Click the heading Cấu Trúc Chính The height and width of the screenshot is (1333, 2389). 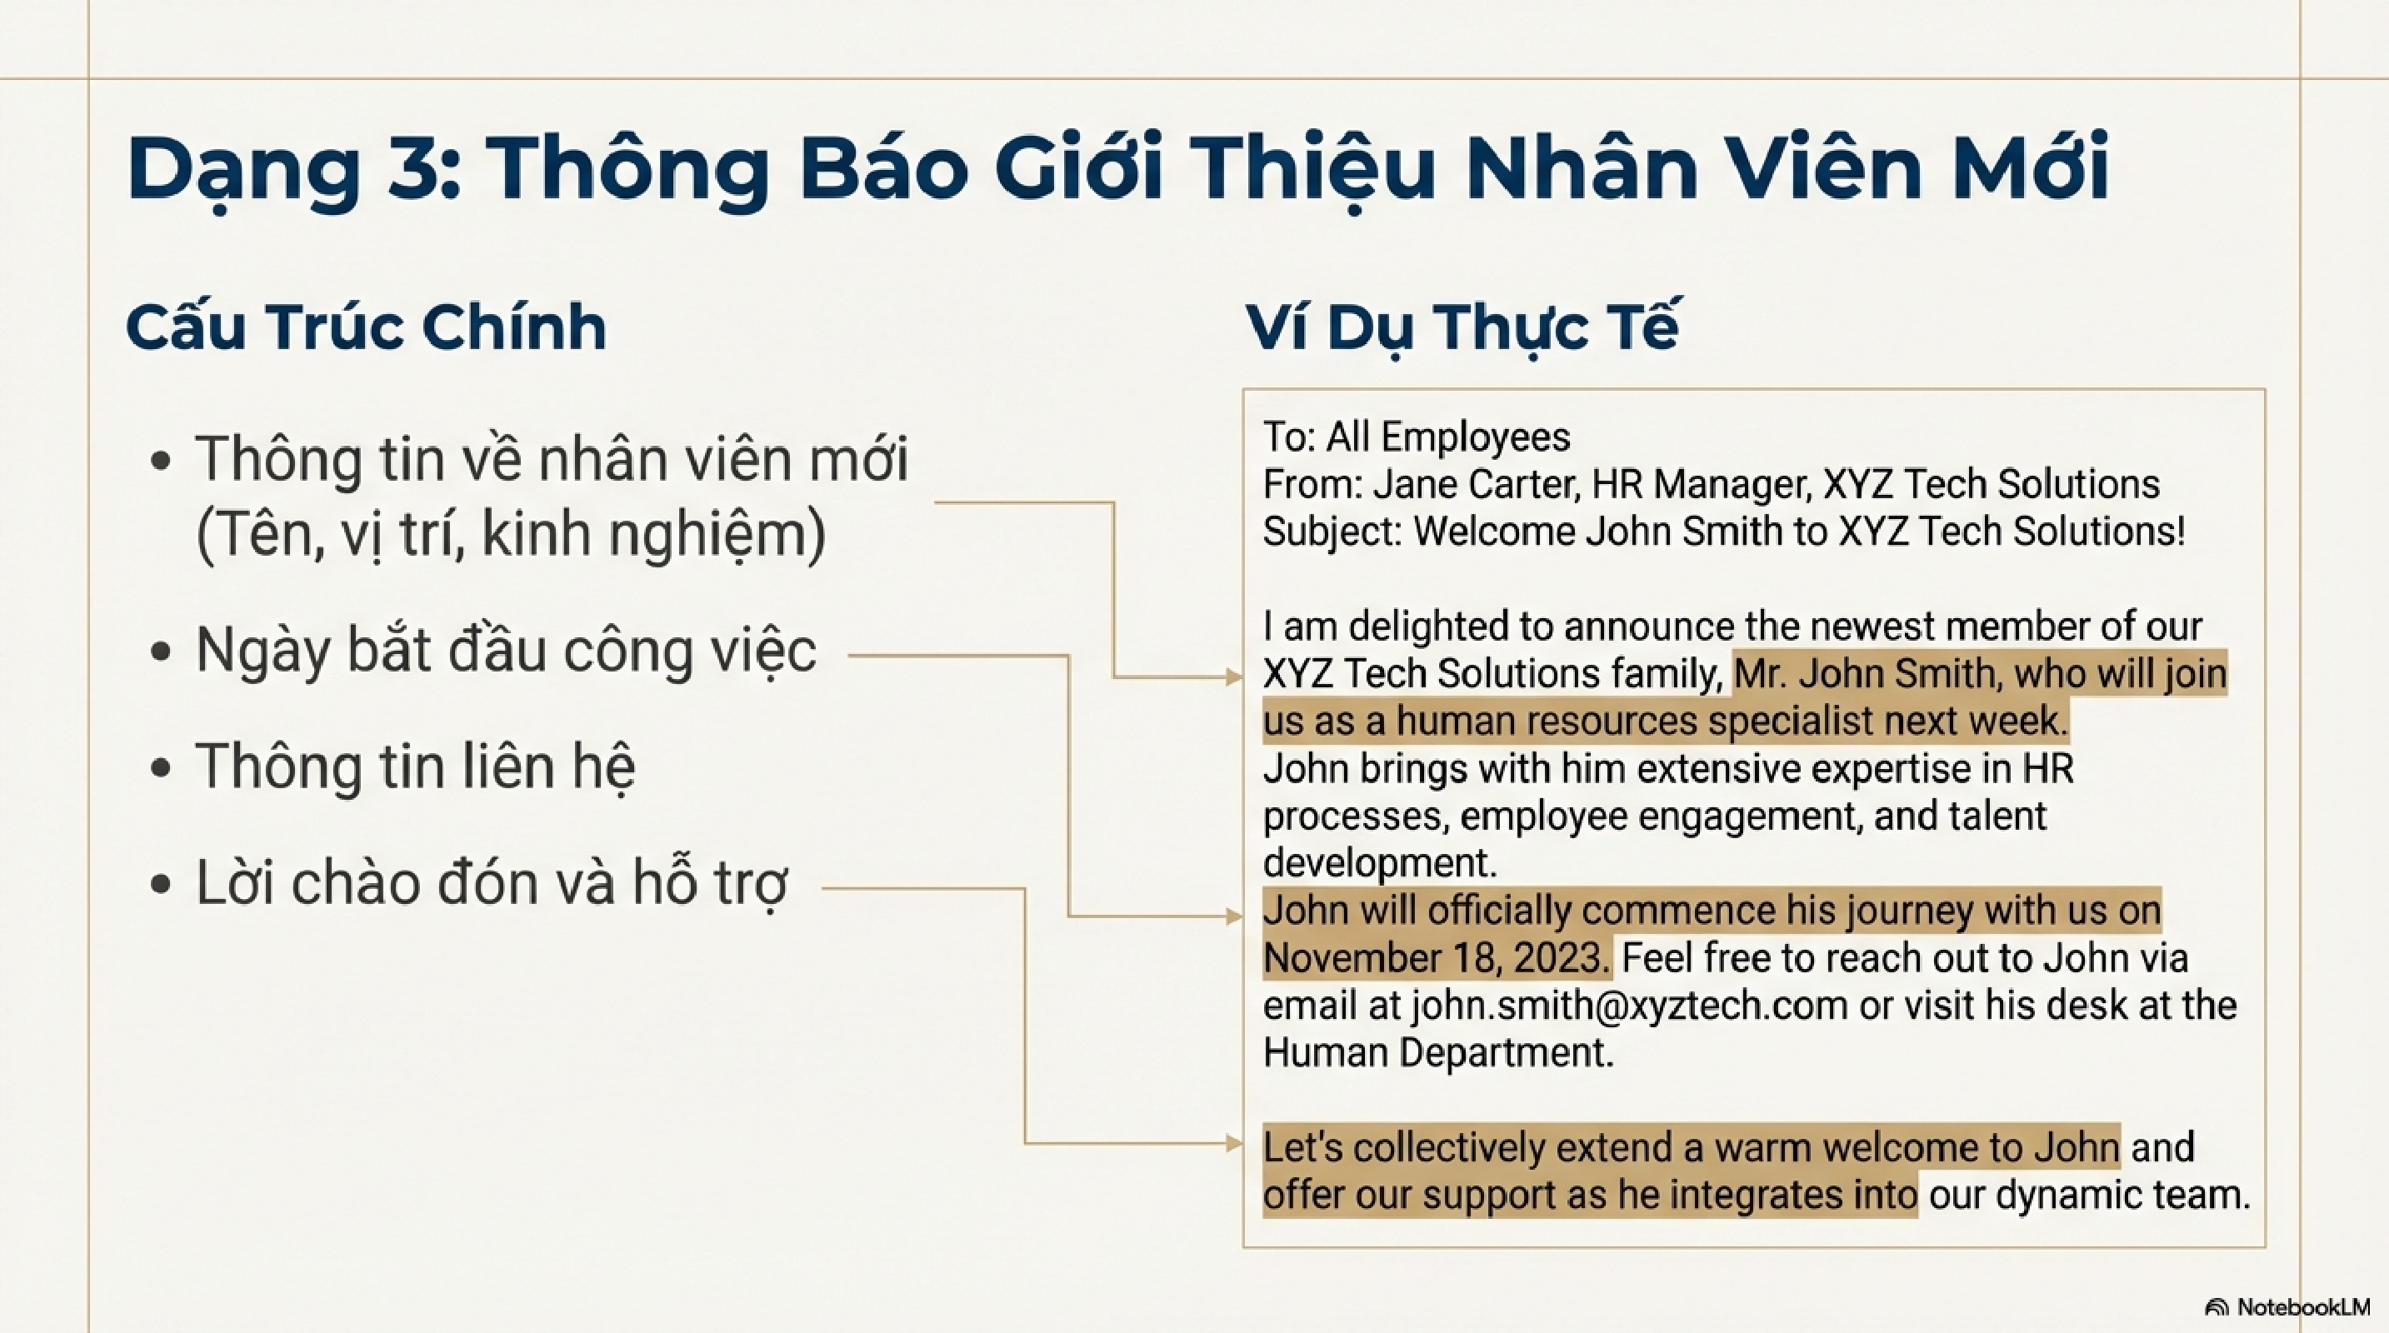click(367, 327)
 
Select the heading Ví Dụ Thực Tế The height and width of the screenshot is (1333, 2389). click(1462, 327)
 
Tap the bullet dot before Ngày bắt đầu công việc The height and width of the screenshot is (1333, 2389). click(161, 651)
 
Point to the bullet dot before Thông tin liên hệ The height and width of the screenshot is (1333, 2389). click(161, 767)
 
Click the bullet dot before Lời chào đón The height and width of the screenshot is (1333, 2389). click(161, 884)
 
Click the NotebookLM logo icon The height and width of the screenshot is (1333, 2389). click(2217, 1307)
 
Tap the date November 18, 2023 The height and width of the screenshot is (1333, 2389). click(1437, 958)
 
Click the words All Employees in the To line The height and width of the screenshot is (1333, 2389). click(1447, 437)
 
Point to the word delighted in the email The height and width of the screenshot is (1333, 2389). click(1427, 627)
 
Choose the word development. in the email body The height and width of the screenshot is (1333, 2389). click(1380, 864)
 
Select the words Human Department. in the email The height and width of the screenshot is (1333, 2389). click(1438, 1053)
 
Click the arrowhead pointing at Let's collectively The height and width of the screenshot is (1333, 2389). click(1233, 1144)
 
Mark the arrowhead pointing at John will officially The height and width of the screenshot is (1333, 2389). click(1233, 916)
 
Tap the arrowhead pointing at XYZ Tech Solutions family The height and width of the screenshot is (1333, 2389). click(1233, 677)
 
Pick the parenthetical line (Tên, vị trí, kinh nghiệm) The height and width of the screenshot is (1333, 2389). click(510, 536)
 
